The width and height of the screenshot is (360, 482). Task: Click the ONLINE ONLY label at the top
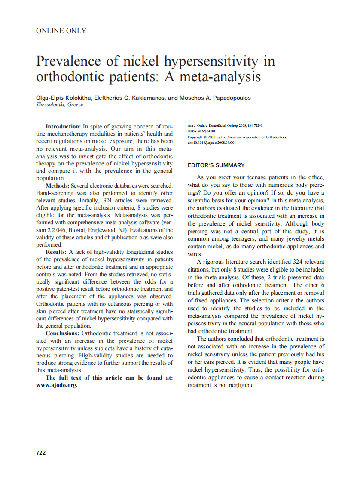click(x=61, y=31)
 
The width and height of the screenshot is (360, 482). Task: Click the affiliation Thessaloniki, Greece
click(x=59, y=104)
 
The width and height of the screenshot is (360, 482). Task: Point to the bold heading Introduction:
click(x=63, y=126)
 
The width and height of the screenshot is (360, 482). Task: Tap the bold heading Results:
click(x=56, y=252)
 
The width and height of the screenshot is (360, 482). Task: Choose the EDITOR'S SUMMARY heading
click(x=216, y=165)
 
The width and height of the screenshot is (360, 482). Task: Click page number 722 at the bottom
click(x=41, y=452)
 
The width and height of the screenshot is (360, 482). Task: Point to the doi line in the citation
click(x=212, y=143)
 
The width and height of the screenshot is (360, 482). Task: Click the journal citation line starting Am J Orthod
click(x=225, y=126)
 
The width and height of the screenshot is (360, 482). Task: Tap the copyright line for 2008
click(x=237, y=137)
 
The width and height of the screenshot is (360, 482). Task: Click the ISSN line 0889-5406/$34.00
click(x=201, y=131)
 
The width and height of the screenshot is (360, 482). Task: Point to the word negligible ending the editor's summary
click(x=241, y=385)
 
